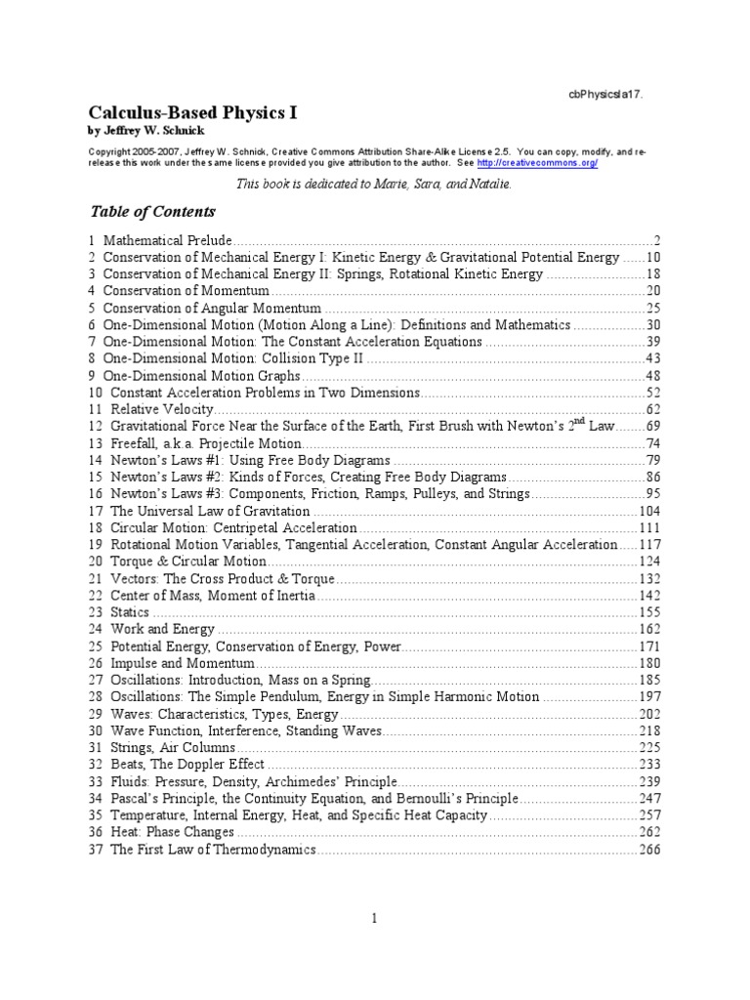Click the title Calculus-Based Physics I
(193, 112)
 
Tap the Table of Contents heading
(152, 212)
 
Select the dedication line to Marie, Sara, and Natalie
(374, 184)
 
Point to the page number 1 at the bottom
(375, 918)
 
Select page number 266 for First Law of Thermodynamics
(649, 850)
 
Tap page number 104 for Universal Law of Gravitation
(649, 511)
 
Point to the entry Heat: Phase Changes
(172, 832)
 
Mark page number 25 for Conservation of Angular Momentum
(653, 308)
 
